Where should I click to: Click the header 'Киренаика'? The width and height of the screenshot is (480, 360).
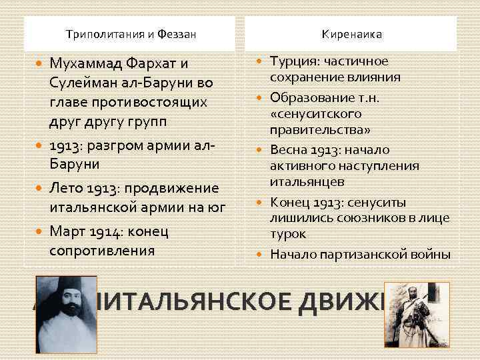[353, 33]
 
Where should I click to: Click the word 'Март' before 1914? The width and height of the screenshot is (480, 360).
[67, 231]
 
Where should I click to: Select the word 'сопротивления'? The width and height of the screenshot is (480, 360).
[102, 251]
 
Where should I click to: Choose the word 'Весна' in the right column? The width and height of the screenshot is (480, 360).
[289, 149]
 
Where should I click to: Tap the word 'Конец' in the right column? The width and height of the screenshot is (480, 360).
[289, 202]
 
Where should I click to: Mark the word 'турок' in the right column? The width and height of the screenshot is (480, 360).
[287, 234]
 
